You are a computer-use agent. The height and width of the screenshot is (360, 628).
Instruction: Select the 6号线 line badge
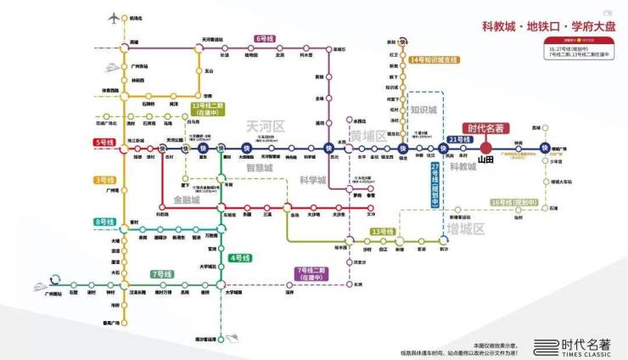265,39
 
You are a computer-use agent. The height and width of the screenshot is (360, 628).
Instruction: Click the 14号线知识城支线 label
433,59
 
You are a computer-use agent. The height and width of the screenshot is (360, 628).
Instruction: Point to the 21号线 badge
459,138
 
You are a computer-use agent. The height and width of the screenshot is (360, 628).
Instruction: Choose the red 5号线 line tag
104,141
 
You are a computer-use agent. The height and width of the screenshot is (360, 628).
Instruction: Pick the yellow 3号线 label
104,179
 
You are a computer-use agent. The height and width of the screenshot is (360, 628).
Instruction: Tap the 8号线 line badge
104,222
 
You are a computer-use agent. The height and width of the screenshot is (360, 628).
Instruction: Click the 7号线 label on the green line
161,273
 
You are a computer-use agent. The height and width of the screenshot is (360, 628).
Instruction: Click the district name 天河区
264,126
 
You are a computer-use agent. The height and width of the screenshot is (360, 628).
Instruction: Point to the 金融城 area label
187,200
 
